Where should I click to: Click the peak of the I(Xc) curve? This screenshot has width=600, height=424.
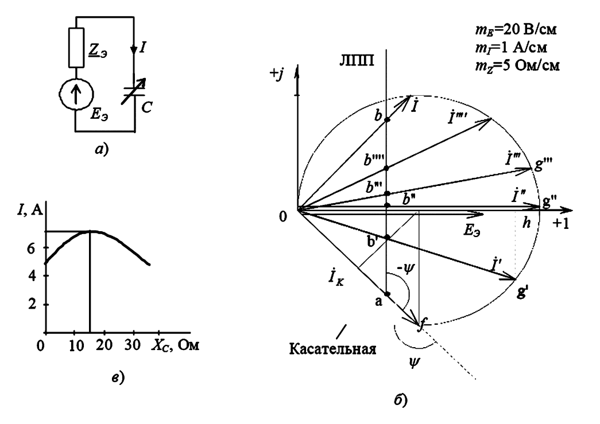[90, 231]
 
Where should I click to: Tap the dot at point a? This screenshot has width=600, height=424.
[386, 294]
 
